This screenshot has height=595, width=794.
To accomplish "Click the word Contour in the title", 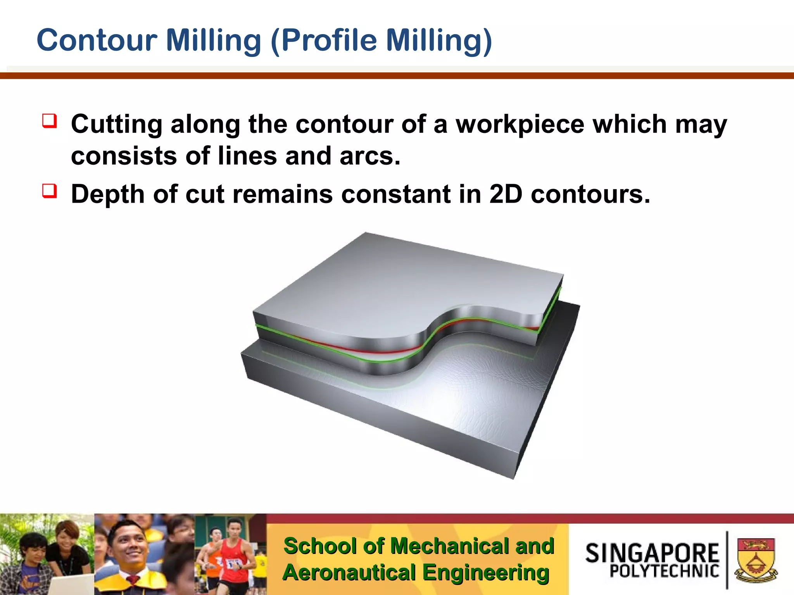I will (97, 40).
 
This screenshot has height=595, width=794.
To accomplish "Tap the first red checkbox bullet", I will (50, 121).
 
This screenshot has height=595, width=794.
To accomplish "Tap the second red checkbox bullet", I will (50, 191).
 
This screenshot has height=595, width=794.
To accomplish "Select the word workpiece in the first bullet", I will (520, 125).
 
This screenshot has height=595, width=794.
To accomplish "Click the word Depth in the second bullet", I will (108, 194).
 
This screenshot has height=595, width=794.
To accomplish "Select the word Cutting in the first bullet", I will (117, 125).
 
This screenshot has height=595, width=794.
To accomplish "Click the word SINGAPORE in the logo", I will (652, 553).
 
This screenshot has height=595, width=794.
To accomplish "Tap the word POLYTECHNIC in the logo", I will (664, 571).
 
